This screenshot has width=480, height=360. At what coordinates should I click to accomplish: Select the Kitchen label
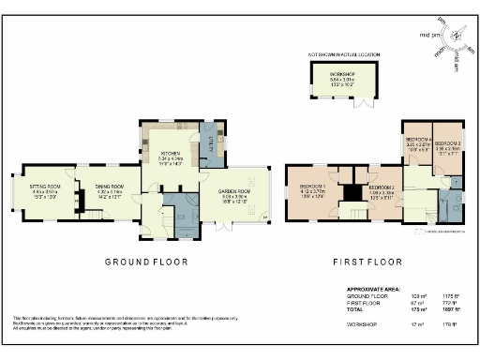170,152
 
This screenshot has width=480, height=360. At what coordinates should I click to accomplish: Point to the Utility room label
210,142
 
